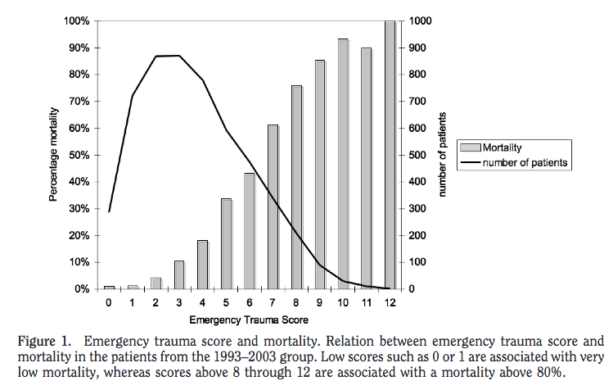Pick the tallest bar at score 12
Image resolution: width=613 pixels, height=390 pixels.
point(390,155)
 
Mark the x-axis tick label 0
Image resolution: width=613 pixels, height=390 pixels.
point(108,302)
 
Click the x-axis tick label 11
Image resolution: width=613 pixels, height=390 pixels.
point(367,302)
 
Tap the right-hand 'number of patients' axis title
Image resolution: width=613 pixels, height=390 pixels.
point(443,155)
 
